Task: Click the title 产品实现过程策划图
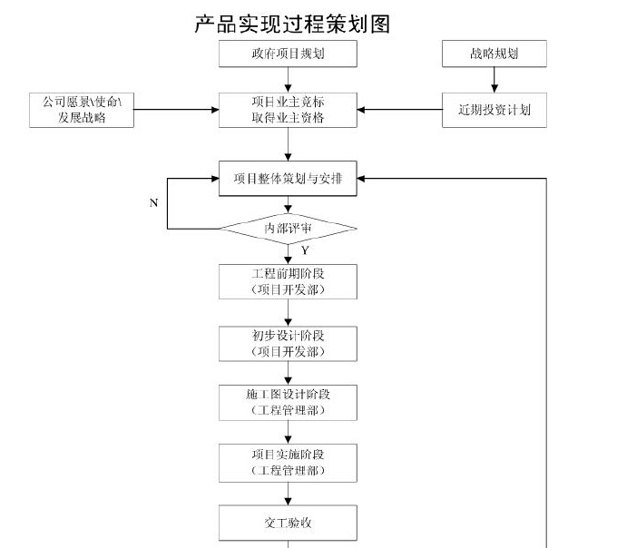click(x=292, y=24)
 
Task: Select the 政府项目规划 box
click(x=288, y=54)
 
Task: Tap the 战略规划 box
click(x=495, y=54)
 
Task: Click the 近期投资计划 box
click(x=495, y=110)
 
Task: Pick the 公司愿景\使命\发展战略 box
click(x=82, y=110)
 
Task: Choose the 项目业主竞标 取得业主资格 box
click(x=288, y=110)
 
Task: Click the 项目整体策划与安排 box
click(x=288, y=178)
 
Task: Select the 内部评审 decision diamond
click(x=288, y=229)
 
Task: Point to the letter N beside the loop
click(x=154, y=203)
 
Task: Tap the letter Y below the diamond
click(x=305, y=250)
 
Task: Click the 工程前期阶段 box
click(x=288, y=281)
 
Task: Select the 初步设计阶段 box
click(x=288, y=344)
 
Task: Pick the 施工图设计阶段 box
click(x=288, y=403)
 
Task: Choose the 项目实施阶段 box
click(x=288, y=463)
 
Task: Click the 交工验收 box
click(x=288, y=523)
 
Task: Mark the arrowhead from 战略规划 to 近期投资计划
click(x=495, y=89)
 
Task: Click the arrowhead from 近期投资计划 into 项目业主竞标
click(x=361, y=110)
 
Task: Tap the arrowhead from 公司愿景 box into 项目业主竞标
click(x=215, y=110)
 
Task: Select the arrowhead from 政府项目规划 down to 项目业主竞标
click(x=288, y=89)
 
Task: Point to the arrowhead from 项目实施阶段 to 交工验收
click(x=288, y=501)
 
